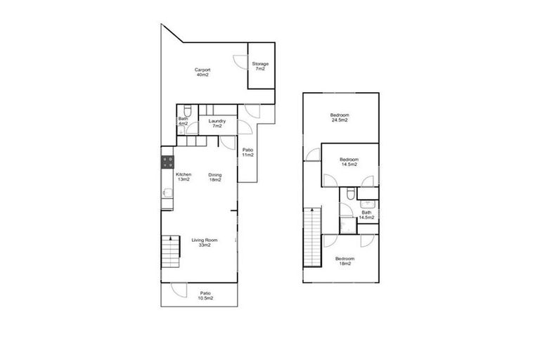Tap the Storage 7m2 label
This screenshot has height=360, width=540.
coord(260,66)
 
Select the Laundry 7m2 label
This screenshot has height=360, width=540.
coord(217,124)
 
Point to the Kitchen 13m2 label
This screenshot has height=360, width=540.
coord(184,176)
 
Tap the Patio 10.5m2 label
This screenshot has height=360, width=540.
coord(205,295)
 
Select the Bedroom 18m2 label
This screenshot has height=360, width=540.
coord(345,261)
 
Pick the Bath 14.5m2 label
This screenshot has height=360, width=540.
coord(366,214)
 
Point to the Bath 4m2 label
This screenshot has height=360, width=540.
coord(183,122)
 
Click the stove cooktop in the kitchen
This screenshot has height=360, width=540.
coord(167,159)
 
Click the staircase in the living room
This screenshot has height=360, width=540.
coord(170,252)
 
